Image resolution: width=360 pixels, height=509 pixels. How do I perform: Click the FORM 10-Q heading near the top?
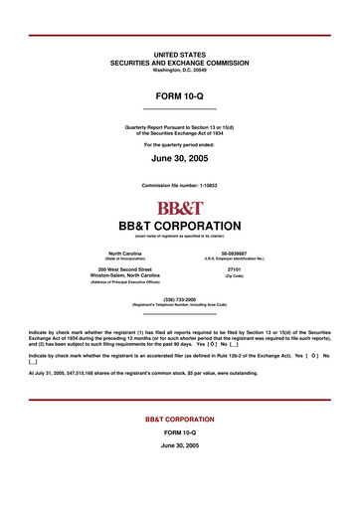tap(180, 92)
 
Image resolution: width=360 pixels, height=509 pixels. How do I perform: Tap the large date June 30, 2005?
tap(180, 158)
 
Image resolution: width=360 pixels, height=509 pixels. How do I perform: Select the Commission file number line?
tap(180, 186)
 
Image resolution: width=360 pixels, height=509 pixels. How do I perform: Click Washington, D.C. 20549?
tap(180, 70)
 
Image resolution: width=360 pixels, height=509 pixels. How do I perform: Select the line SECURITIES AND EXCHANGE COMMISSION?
tap(180, 62)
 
